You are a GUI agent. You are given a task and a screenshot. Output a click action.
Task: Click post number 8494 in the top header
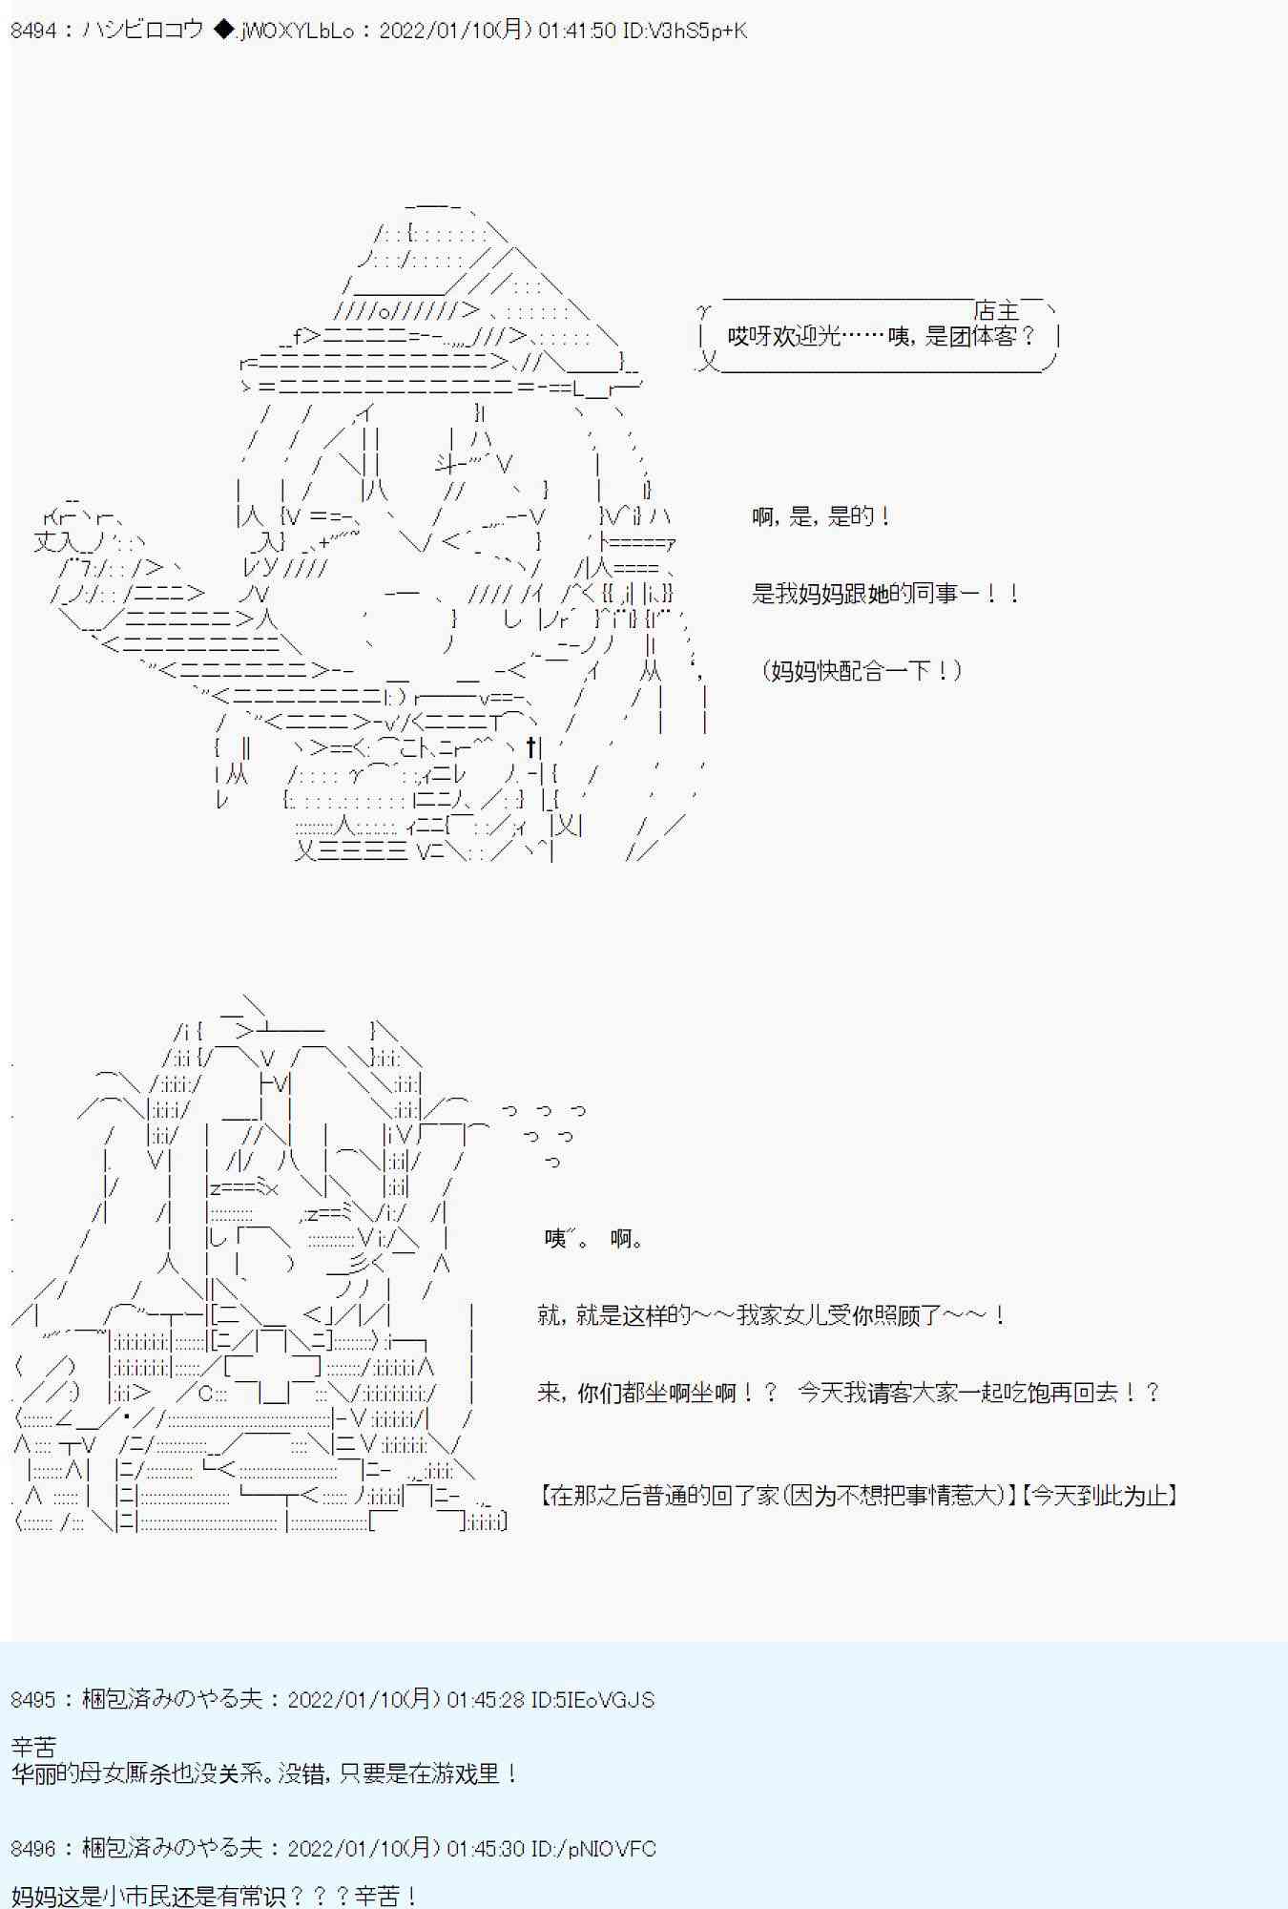pyautogui.click(x=33, y=31)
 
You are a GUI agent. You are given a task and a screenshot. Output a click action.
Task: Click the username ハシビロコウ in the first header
pyautogui.click(x=143, y=31)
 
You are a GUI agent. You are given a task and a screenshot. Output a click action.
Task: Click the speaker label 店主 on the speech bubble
pyautogui.click(x=997, y=310)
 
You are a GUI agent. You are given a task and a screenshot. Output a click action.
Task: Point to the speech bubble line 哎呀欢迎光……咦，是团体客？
pyautogui.click(x=881, y=336)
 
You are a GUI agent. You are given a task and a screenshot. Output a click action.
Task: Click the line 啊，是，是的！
pyautogui.click(x=821, y=516)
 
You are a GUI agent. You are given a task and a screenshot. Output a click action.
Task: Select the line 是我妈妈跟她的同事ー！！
pyautogui.click(x=886, y=594)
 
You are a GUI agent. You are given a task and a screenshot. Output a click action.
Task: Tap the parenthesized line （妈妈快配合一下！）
pyautogui.click(x=862, y=670)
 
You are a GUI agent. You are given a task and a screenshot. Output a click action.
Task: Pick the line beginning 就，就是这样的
pyautogui.click(x=771, y=1315)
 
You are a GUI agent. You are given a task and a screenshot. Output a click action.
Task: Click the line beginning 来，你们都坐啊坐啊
pyautogui.click(x=848, y=1393)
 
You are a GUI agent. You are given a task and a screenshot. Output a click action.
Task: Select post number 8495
pyautogui.click(x=33, y=1700)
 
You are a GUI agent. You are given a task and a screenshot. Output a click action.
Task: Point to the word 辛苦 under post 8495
pyautogui.click(x=34, y=1748)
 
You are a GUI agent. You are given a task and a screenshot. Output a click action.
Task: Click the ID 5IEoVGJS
pyautogui.click(x=605, y=1700)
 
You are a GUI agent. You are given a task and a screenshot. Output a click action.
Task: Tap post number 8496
pyautogui.click(x=33, y=1849)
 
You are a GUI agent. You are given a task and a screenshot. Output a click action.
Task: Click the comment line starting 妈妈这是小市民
pyautogui.click(x=215, y=1896)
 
